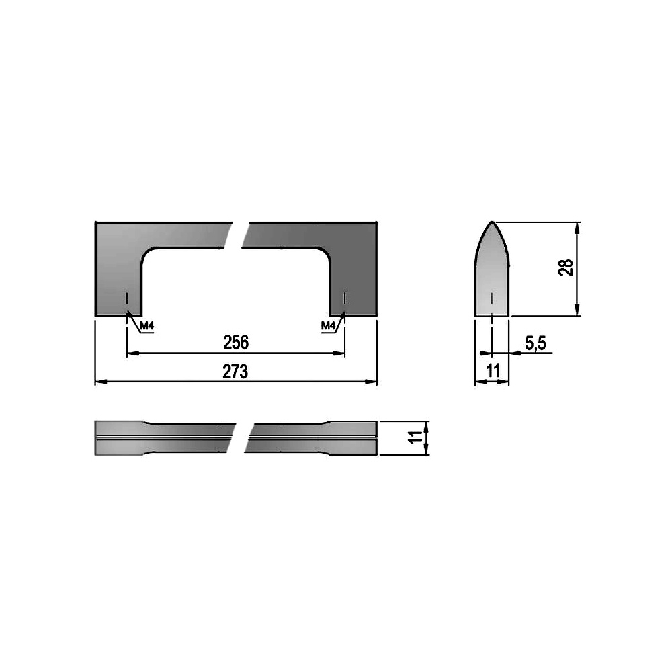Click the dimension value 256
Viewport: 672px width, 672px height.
pos(236,342)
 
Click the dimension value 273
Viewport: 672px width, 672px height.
pos(235,372)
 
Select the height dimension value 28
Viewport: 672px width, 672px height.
pos(566,268)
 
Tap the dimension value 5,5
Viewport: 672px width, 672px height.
pos(536,343)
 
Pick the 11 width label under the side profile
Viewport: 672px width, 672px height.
pos(493,371)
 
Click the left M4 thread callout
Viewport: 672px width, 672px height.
pos(146,326)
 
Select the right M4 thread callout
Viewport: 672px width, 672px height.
pos(328,326)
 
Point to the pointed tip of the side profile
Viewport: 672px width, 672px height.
pos(492,222)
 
